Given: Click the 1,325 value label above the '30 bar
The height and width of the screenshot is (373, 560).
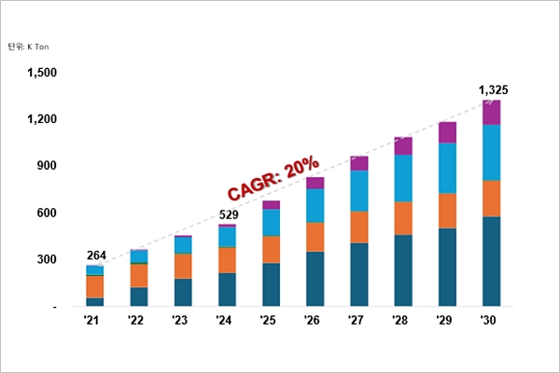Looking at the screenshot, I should click(492, 90).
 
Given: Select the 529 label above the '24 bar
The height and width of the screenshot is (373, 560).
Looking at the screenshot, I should click(228, 215).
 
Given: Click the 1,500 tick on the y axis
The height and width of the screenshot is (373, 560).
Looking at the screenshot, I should click(43, 73).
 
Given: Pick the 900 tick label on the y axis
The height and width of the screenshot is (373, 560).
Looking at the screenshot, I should click(48, 166).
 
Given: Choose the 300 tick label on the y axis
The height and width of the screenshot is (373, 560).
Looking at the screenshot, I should click(48, 259).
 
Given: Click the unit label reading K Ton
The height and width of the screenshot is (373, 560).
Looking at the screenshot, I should click(28, 45).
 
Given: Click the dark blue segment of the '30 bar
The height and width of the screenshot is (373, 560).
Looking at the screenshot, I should click(492, 261).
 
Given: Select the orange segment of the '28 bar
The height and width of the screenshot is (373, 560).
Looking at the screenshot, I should click(403, 218).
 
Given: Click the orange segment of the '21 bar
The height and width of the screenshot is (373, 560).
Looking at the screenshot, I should click(95, 286).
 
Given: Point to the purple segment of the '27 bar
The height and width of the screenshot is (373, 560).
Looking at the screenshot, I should click(359, 163).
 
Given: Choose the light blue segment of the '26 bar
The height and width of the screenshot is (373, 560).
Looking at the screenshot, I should click(315, 205).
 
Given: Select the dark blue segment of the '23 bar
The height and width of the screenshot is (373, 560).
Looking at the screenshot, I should click(183, 292).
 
